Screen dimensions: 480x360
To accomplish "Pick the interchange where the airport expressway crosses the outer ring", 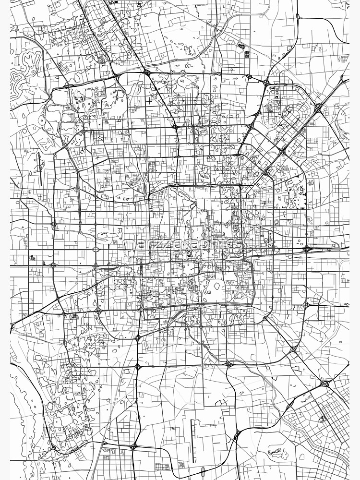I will (318, 108).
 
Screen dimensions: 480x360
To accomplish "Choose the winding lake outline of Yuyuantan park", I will (103, 235).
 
